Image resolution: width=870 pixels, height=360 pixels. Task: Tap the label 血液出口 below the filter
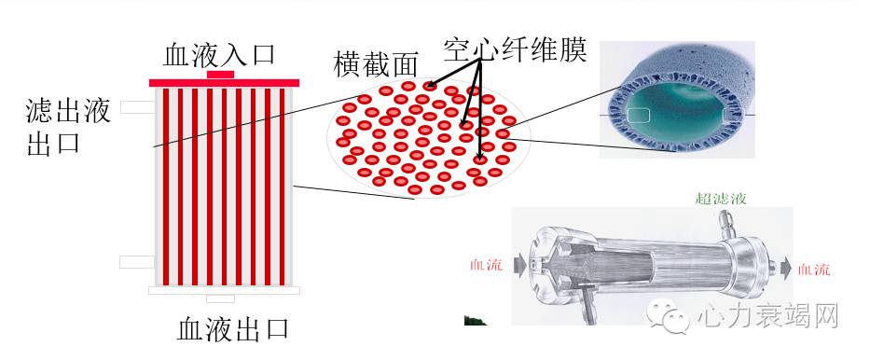(233, 329)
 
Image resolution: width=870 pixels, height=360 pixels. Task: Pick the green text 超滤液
(721, 199)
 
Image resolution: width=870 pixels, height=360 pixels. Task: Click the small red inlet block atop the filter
(221, 74)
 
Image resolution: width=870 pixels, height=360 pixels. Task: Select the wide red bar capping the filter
(224, 83)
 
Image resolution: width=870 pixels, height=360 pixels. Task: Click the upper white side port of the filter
(137, 107)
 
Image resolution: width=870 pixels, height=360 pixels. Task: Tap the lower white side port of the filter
(137, 262)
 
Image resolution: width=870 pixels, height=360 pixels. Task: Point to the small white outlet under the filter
(220, 298)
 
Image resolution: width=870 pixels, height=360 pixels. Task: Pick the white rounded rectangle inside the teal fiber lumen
(639, 115)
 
